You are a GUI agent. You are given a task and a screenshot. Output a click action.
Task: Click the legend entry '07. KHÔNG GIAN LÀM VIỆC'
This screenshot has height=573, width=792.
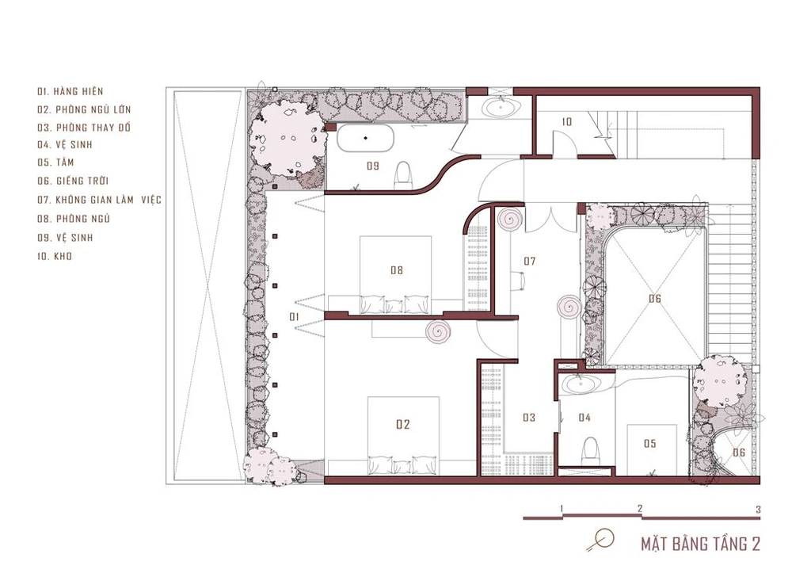coord(99,200)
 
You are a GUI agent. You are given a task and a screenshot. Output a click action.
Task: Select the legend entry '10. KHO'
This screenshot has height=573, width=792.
coord(55,256)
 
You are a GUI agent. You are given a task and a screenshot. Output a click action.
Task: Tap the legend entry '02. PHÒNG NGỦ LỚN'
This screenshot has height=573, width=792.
coord(84,109)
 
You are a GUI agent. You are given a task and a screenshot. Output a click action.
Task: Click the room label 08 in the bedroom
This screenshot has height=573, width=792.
coord(397,270)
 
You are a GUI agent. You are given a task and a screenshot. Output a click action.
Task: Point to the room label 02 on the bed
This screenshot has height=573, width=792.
coord(402,425)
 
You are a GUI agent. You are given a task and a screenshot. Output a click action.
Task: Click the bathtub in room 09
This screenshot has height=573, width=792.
coord(365,137)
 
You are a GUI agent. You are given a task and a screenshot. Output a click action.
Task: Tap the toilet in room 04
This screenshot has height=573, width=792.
coord(589,451)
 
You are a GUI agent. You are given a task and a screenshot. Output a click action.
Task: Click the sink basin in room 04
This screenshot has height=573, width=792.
coord(581,384)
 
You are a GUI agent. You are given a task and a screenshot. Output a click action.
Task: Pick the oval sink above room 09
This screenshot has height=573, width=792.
coord(501,107)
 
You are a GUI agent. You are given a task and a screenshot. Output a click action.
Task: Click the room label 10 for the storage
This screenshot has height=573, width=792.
coord(567,122)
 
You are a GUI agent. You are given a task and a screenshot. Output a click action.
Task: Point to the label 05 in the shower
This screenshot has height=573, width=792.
coord(649,444)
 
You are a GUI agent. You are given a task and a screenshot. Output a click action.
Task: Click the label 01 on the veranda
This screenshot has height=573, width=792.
coord(294,317)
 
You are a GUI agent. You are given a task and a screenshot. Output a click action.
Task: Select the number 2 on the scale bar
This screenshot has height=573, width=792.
coord(640,508)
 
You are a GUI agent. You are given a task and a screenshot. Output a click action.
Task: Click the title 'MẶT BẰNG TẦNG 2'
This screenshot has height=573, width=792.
coord(701,544)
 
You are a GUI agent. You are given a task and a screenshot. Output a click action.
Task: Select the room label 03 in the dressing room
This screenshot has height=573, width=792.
coord(529,418)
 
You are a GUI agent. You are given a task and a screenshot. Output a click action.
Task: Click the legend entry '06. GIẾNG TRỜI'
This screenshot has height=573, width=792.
coord(73,181)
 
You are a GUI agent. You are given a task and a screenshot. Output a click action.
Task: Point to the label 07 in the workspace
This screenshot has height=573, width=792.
coord(529,262)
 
